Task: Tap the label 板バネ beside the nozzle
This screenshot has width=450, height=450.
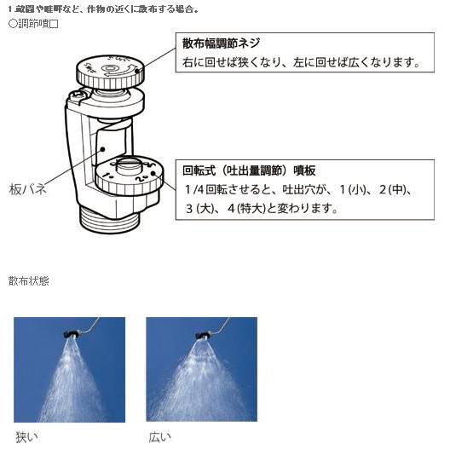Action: click(x=27, y=189)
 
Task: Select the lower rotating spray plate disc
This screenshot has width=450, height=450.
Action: click(x=124, y=174)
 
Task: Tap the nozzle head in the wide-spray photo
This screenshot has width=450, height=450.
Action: click(x=205, y=333)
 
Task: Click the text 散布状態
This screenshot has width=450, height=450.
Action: click(x=28, y=280)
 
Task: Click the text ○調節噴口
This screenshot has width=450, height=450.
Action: click(x=32, y=23)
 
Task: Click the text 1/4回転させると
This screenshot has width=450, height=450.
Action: click(x=224, y=188)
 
